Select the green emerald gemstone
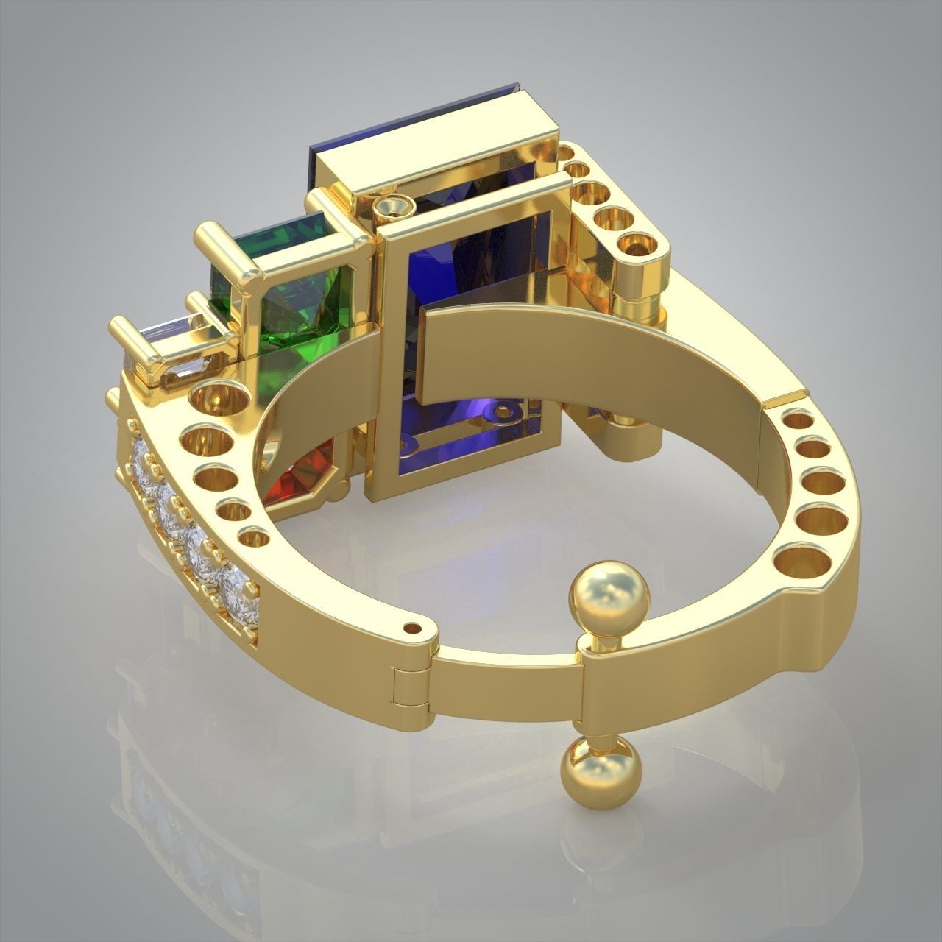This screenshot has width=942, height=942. tap(294, 294)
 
